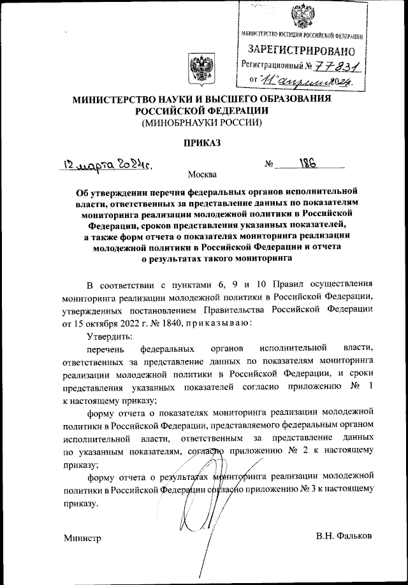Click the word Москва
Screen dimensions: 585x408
[x=202, y=174]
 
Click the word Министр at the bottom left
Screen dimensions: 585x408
[x=82, y=538]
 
